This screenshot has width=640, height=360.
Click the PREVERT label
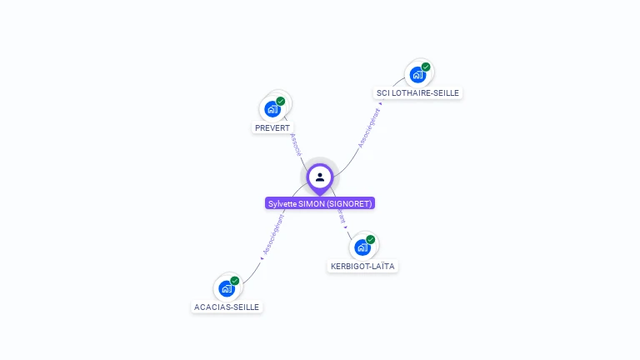272,127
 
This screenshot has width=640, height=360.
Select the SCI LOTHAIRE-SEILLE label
417,92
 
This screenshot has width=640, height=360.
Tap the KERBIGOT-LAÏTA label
362,266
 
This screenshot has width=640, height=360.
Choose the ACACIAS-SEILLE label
227,307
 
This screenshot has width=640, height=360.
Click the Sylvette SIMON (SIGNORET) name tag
320,203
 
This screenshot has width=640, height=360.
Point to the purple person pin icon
320,177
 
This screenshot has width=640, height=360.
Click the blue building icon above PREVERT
272,108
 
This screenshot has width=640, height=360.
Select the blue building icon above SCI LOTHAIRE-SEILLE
417,74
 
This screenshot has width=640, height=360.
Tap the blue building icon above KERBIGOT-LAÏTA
362,247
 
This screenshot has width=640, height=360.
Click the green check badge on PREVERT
281,102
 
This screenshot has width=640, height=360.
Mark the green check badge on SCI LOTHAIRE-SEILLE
426,67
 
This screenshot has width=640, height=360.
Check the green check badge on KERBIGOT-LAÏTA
371,240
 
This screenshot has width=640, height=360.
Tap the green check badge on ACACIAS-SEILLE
235,281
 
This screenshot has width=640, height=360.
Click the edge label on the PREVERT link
295,143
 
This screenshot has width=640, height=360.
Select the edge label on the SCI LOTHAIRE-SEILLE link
369,127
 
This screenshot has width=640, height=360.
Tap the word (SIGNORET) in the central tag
350,203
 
